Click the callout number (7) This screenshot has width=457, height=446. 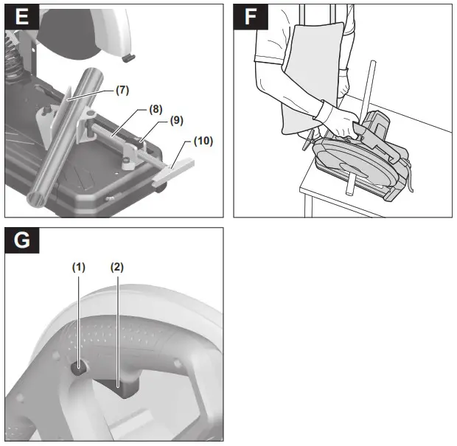click(x=122, y=90)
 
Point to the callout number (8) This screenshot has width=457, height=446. click(x=155, y=109)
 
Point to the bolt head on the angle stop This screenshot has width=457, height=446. click(x=49, y=110)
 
